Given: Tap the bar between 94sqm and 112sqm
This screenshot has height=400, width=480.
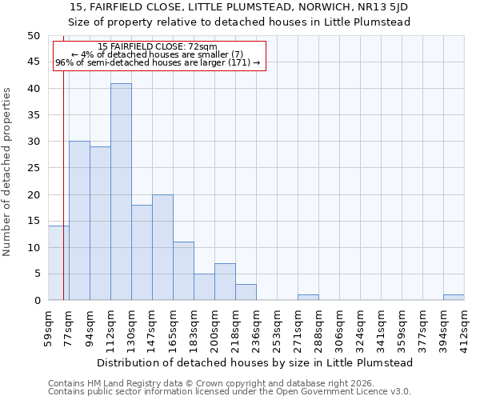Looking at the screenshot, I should pos(100,223).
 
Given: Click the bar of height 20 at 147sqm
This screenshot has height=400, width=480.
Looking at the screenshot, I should pos(162,247).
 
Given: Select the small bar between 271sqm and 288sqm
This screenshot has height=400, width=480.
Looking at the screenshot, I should pos(308,298).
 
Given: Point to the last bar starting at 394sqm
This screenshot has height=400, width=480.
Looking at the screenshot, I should pos(454,298).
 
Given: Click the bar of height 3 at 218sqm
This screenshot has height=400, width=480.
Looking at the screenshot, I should pos(246,292).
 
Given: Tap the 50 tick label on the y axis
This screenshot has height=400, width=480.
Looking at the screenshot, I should pos(33,36).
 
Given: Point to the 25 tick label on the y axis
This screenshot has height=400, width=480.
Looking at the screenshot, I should pos(33,168).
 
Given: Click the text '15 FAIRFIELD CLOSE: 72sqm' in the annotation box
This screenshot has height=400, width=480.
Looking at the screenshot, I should pos(157,47).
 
